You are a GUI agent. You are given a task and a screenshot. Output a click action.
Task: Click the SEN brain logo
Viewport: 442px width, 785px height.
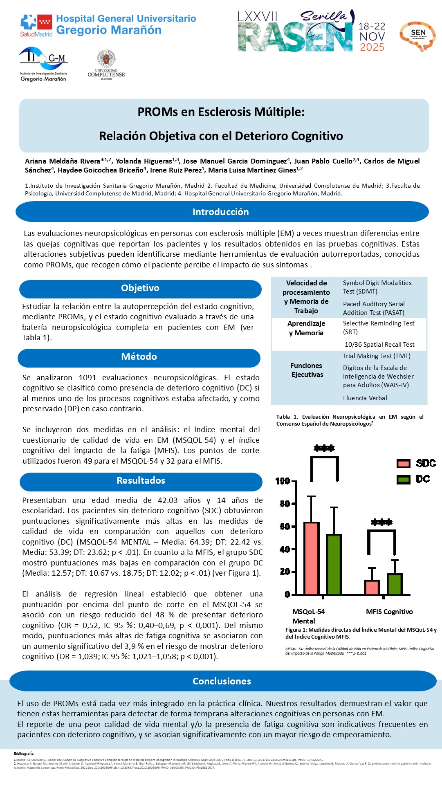(417, 36)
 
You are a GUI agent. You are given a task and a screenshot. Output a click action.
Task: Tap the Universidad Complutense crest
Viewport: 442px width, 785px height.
(106, 59)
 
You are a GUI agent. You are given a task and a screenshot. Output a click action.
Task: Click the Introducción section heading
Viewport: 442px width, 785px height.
(221, 212)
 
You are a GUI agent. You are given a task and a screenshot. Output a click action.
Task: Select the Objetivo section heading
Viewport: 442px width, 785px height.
(140, 288)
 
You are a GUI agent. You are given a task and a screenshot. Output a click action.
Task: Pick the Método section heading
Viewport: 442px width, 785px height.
(139, 357)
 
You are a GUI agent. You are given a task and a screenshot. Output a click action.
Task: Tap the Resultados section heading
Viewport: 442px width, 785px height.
(141, 481)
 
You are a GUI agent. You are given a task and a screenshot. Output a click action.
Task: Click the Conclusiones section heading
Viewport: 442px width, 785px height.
(222, 681)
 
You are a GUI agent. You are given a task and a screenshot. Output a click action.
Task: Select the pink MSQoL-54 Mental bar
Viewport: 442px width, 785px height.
(311, 558)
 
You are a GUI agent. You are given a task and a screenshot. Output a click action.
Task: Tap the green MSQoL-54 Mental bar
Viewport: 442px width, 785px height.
(334, 564)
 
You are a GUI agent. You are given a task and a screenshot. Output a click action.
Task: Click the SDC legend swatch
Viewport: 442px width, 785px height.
(403, 463)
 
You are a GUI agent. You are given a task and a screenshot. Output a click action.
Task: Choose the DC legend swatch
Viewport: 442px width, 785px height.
(403, 480)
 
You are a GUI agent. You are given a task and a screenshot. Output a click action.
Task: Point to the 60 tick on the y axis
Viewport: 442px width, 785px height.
(285, 526)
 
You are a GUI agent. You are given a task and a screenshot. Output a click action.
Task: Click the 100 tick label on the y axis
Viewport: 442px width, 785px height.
(283, 481)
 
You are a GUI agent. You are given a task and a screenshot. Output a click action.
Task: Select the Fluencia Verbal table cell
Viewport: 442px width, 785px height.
(365, 398)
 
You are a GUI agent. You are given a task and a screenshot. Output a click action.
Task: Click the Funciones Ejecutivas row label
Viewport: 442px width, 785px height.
(307, 370)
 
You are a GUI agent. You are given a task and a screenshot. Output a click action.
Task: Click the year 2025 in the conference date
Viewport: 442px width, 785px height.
(372, 47)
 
